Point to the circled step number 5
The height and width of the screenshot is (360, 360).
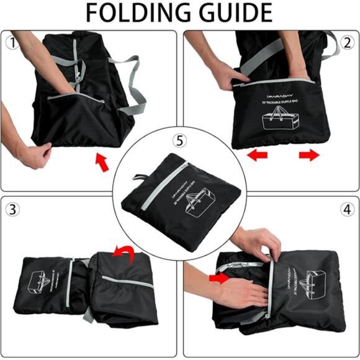tap(179, 141)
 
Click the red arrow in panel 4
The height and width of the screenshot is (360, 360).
tap(219, 279)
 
